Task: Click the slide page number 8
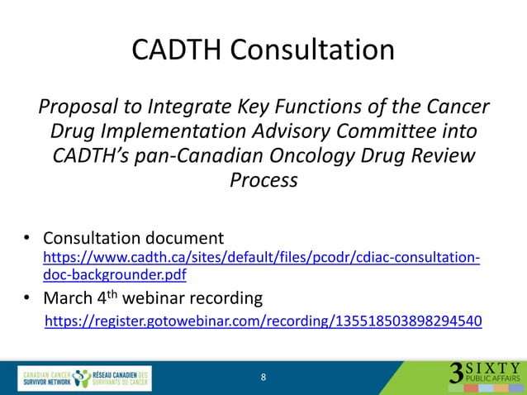point(263,378)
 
